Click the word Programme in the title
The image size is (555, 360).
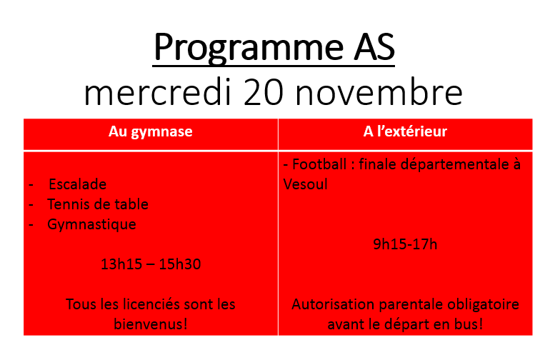pyautogui.click(x=249, y=48)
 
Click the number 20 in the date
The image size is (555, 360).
pyautogui.click(x=264, y=92)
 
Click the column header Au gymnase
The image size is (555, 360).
pyautogui.click(x=151, y=131)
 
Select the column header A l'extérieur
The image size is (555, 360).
pyautogui.click(x=405, y=131)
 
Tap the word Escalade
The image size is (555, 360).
pyautogui.click(x=78, y=184)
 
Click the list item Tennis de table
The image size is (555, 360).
pyautogui.click(x=98, y=204)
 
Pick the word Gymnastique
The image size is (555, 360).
pyautogui.click(x=91, y=225)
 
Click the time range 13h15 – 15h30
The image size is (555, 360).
pyautogui.click(x=151, y=264)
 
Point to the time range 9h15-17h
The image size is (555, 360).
pyautogui.click(x=405, y=244)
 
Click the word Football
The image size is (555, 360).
pyautogui.click(x=319, y=164)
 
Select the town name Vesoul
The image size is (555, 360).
pyautogui.click(x=305, y=184)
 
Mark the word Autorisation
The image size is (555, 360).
pyautogui.click(x=333, y=304)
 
